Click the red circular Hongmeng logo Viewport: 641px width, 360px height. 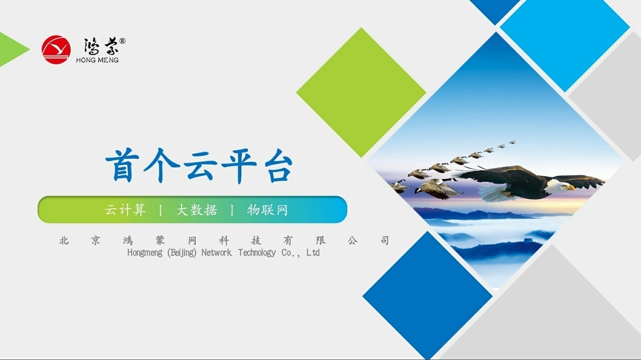(x=56, y=49)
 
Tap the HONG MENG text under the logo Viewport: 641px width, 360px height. (x=97, y=60)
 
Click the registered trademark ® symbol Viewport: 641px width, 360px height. (x=122, y=41)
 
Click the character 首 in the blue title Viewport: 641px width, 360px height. (x=122, y=165)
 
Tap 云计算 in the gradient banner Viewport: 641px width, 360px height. (x=125, y=210)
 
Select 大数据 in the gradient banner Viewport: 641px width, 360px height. (x=197, y=210)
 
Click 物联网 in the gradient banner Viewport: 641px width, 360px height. (x=268, y=210)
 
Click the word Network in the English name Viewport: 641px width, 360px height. (x=216, y=253)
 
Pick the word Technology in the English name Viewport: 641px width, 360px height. (x=257, y=253)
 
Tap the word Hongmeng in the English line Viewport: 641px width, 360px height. (x=145, y=253)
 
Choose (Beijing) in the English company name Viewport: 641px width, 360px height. (x=182, y=253)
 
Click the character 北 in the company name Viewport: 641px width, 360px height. (x=64, y=240)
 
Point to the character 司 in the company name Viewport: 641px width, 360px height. (x=385, y=240)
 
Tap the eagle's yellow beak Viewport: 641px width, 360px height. (x=571, y=187)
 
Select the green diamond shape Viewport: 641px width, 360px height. (x=361, y=92)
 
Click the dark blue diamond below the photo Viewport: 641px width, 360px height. (x=427, y=296)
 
